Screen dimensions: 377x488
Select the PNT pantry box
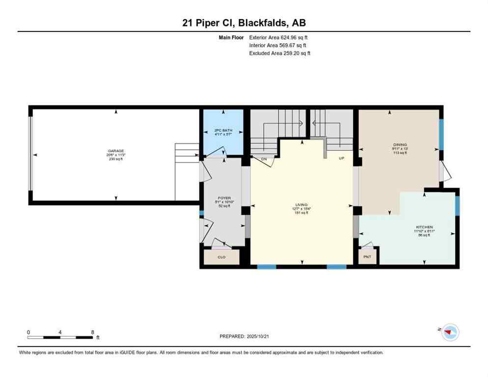click(x=367, y=257)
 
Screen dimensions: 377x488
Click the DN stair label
click(x=264, y=159)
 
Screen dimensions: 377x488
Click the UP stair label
click(x=341, y=159)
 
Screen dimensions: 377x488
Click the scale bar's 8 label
click(x=92, y=332)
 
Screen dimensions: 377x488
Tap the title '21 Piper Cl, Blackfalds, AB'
click(x=244, y=23)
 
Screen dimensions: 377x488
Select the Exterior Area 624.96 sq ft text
click(x=278, y=37)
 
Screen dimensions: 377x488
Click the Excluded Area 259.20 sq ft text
click(x=279, y=53)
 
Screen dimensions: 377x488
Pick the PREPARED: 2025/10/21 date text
click(x=244, y=336)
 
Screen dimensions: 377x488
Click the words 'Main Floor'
click(x=231, y=37)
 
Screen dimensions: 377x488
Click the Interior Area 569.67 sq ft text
click(x=278, y=45)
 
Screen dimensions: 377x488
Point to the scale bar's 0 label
click(x=28, y=332)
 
